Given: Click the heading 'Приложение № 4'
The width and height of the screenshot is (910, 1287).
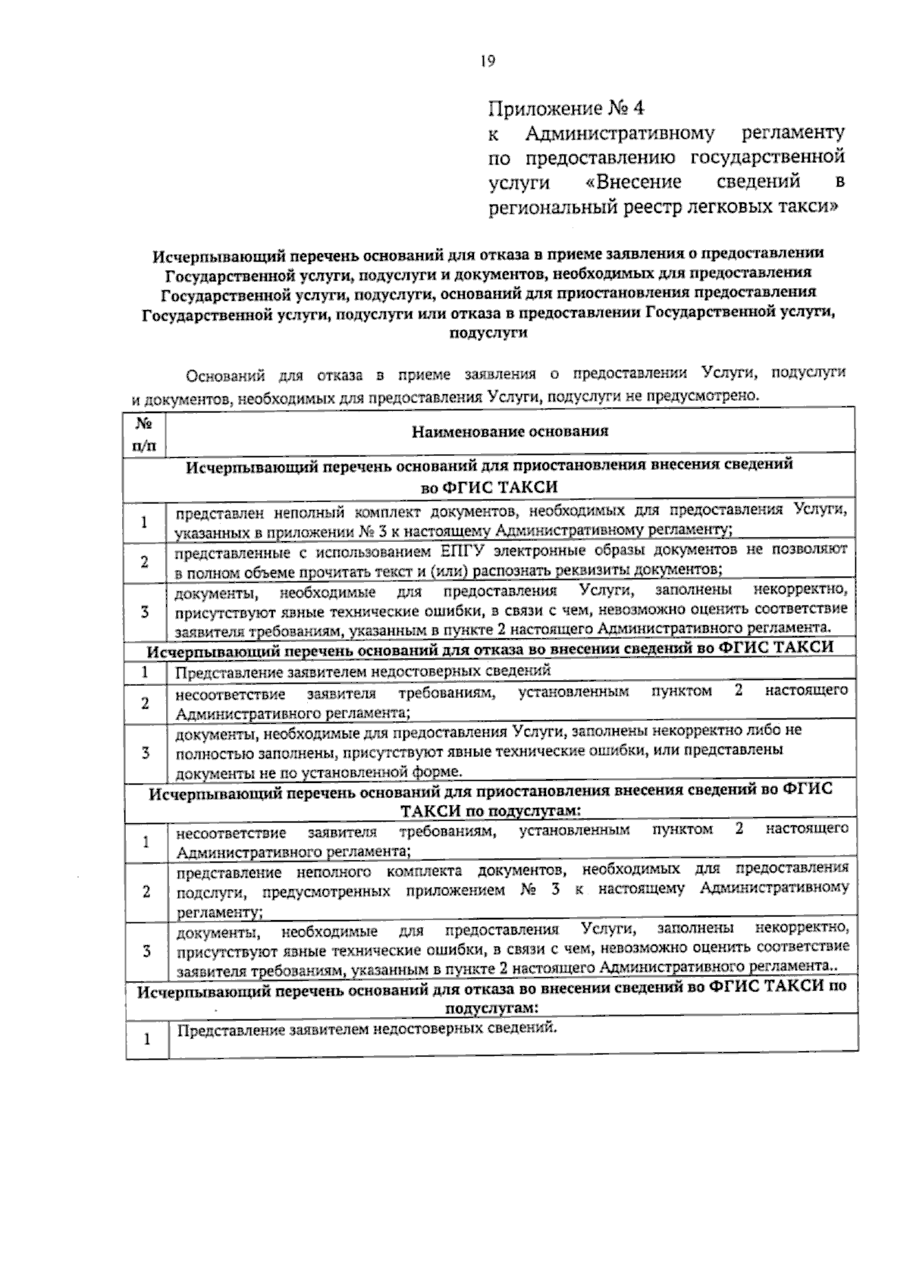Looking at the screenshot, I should click(565, 109).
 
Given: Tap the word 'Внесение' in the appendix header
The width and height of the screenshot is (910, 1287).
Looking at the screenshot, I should click(639, 183).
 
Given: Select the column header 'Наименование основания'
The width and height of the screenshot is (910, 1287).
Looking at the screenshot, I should click(510, 432).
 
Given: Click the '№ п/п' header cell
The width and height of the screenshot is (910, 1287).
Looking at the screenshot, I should click(146, 435).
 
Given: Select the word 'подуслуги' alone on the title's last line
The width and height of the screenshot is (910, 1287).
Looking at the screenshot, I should click(488, 333).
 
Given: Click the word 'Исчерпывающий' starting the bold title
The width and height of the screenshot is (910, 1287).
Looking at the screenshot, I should click(202, 255).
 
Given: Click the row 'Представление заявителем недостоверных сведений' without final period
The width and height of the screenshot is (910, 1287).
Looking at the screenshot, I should click(363, 672).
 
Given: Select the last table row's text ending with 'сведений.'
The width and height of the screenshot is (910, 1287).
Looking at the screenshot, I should click(366, 1029).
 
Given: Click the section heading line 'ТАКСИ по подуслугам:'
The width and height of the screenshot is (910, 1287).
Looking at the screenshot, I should click(490, 810).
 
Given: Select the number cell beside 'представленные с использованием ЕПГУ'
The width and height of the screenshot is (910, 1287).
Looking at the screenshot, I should click(145, 562).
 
